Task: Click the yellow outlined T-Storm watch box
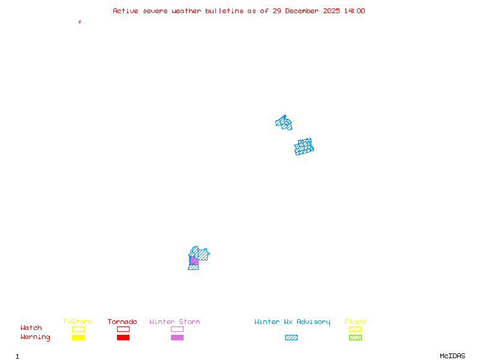click(x=78, y=329)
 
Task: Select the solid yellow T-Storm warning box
click(x=78, y=337)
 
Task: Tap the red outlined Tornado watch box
click(x=123, y=329)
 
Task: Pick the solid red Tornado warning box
click(x=123, y=337)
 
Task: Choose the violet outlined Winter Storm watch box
click(x=177, y=329)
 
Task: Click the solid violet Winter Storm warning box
click(x=177, y=337)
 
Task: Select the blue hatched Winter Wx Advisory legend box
click(x=291, y=337)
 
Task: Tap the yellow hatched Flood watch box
click(x=355, y=329)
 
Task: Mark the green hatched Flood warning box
click(x=355, y=337)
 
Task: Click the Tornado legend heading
click(x=122, y=322)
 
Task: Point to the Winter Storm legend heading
click(x=175, y=322)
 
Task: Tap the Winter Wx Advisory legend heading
click(x=292, y=322)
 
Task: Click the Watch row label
click(x=31, y=328)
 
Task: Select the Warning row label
click(x=35, y=337)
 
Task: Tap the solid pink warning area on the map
click(x=194, y=261)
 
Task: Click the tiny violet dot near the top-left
click(x=79, y=22)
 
